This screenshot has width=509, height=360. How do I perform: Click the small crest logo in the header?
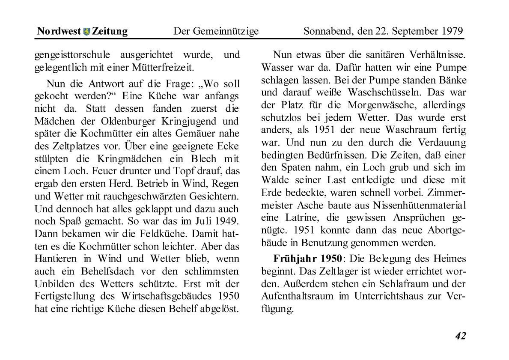coord(87,32)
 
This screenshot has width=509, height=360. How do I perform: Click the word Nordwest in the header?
coord(59,31)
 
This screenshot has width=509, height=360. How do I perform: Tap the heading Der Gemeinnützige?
coord(216,31)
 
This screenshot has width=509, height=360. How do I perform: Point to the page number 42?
coord(460,336)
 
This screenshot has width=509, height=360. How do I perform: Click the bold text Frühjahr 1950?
coord(308,259)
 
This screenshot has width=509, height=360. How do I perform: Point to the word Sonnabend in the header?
coord(325,31)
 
